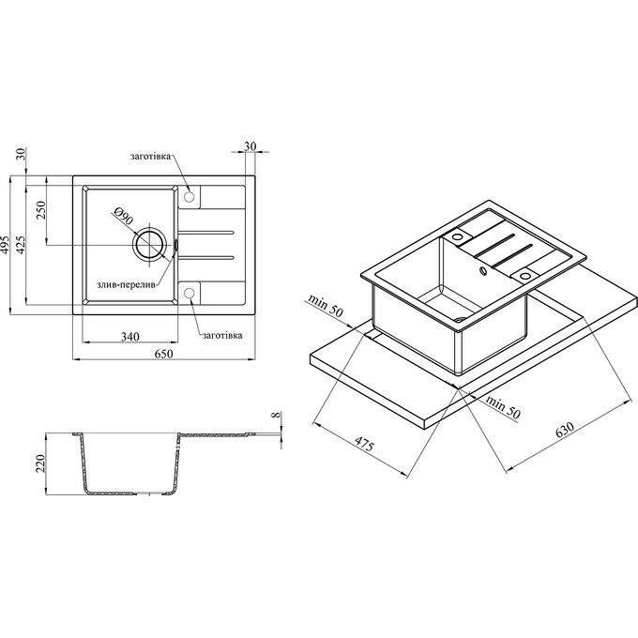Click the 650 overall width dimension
pos(163,354)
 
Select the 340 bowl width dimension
pos(130,336)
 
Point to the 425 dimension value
pos(23,245)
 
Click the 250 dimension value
pos(42,210)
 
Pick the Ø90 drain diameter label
pos(123,216)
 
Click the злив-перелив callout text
pos(126,285)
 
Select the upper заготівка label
pos(150,157)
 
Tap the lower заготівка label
pos(222,335)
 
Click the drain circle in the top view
pos(149,230)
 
